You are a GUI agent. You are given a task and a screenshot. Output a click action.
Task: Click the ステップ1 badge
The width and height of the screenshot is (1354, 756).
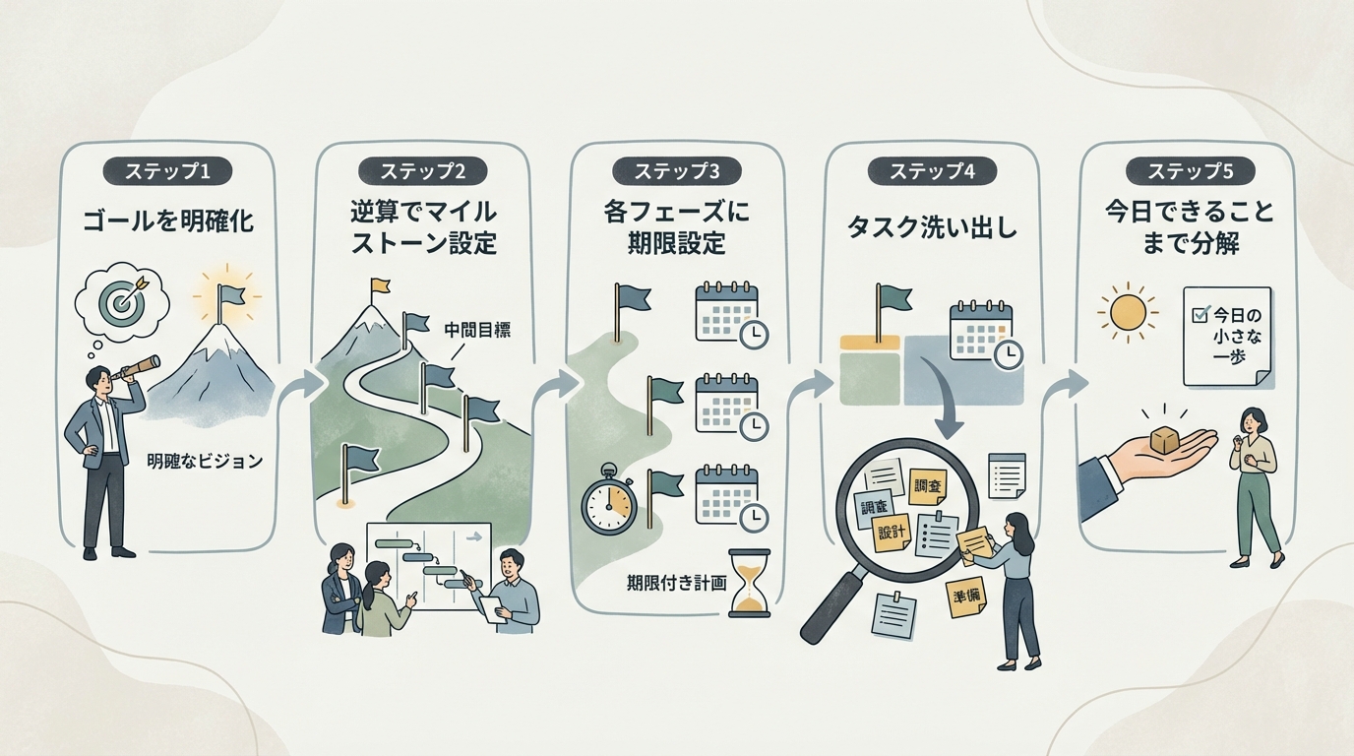(167, 170)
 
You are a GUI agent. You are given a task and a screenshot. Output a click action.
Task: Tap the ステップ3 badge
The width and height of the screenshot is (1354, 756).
(677, 170)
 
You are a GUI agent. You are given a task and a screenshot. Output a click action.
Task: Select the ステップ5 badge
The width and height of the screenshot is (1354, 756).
(1189, 170)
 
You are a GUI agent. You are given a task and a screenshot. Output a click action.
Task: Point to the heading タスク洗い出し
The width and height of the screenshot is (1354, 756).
(932, 228)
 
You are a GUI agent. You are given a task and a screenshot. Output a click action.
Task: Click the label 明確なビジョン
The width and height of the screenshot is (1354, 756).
(205, 460)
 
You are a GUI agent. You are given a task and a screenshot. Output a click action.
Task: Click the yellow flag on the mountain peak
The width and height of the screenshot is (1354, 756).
(380, 287)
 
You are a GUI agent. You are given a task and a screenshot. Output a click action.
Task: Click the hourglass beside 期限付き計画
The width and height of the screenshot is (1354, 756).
(750, 585)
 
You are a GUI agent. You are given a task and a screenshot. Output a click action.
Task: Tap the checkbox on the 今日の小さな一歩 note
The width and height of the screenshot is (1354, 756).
(1200, 315)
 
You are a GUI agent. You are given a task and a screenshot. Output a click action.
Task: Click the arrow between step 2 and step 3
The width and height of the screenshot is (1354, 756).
(564, 384)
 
